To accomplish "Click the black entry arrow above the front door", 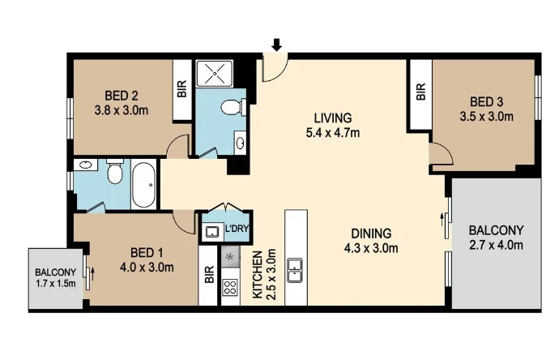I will (277, 45).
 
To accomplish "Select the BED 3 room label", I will (488, 101).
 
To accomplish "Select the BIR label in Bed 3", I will (420, 92).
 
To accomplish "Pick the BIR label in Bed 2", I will (181, 89).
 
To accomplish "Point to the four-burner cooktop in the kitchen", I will (229, 286).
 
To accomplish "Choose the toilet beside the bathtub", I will (114, 174).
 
